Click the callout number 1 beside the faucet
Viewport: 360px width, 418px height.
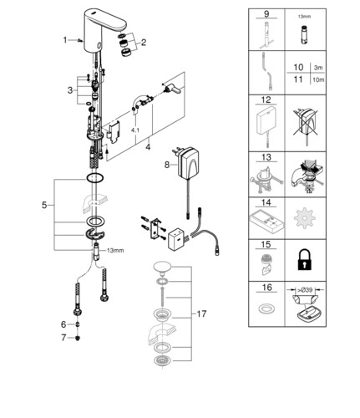(x=65, y=40)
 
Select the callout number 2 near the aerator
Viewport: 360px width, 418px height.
(x=144, y=43)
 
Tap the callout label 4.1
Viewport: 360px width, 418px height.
(x=135, y=130)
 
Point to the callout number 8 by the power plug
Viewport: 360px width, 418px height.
(x=167, y=165)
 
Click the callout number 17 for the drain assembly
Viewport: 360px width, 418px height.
(x=201, y=314)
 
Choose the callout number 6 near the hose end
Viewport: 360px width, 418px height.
(x=63, y=324)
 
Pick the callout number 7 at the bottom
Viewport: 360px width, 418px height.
(x=63, y=338)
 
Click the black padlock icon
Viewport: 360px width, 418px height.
(x=305, y=259)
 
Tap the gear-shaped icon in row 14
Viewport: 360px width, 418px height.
(x=304, y=218)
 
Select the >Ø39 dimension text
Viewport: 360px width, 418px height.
(x=306, y=290)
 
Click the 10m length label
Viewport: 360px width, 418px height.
(x=318, y=80)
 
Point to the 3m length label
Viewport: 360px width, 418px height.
(x=318, y=68)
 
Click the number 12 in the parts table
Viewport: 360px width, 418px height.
(x=266, y=99)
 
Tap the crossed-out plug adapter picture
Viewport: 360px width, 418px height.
(x=305, y=124)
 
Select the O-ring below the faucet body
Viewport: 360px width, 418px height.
(x=95, y=178)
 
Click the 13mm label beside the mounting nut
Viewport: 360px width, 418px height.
(x=115, y=251)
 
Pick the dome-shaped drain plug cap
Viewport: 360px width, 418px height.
(x=162, y=267)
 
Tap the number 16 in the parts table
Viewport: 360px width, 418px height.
(x=266, y=287)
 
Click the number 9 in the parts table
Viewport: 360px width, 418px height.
(x=266, y=13)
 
